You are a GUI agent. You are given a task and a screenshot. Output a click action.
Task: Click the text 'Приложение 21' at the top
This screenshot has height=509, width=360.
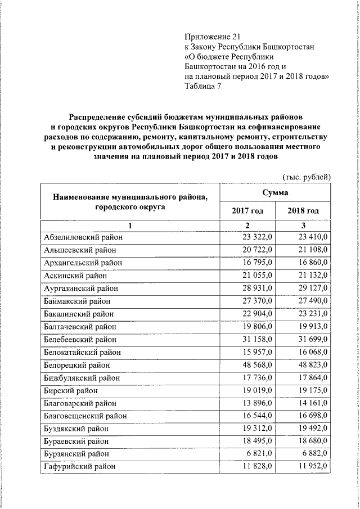tap(209, 35)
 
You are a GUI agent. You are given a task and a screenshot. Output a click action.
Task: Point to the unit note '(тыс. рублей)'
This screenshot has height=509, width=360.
tap(305, 177)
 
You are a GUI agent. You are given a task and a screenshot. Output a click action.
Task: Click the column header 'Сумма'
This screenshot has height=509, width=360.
tap(275, 193)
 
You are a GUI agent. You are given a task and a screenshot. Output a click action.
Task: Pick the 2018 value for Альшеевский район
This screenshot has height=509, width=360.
tap(308, 250)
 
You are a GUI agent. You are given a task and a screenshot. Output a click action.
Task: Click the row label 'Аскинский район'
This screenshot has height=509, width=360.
tap(75, 275)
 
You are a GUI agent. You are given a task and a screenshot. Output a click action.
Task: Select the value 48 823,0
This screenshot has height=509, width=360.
tap(308, 364)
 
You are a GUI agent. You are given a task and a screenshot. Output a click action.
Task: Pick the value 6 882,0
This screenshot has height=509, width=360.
tap(310, 453)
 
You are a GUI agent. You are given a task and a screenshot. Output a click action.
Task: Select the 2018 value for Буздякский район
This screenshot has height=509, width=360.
tap(308, 428)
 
